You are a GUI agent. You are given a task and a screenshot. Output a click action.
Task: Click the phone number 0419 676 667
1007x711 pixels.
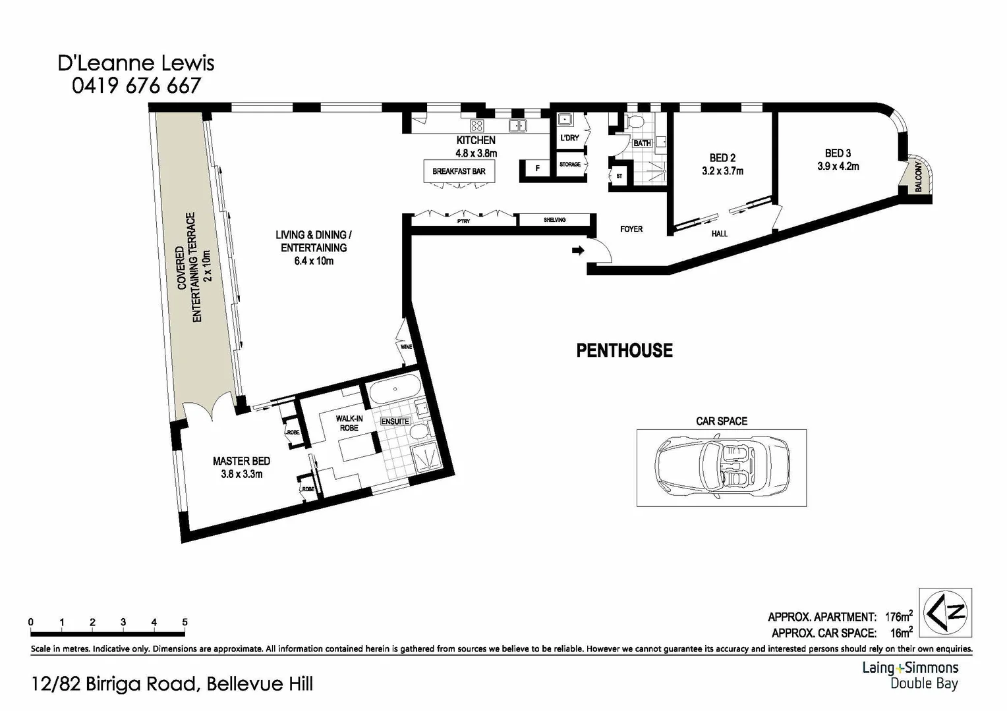click(136, 86)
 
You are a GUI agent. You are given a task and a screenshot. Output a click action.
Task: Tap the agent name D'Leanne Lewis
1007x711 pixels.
click(136, 63)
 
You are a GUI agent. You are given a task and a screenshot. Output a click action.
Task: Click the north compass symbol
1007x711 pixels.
click(946, 612)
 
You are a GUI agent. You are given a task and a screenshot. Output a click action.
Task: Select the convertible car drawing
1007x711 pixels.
click(722, 467)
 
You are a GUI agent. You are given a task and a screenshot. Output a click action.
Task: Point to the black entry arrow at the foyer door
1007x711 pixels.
click(578, 250)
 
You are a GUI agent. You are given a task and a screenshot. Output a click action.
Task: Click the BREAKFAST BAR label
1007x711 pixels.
click(459, 172)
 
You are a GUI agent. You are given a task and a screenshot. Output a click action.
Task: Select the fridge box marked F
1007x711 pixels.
click(537, 169)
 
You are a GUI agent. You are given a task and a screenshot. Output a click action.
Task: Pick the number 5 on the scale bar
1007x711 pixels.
click(185, 622)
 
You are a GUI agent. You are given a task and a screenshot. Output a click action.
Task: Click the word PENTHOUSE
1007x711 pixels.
click(624, 350)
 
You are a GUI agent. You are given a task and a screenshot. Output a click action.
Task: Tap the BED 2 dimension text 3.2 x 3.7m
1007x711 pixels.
click(722, 171)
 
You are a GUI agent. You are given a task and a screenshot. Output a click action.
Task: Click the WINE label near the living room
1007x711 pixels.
click(406, 346)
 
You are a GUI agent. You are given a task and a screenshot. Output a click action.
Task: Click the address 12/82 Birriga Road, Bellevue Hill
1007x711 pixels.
click(172, 684)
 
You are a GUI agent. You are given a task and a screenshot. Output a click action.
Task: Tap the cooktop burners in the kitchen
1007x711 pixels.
click(476, 125)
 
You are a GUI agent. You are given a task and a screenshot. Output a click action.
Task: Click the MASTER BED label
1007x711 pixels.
click(241, 461)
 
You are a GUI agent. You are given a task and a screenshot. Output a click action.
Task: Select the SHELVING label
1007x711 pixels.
click(554, 220)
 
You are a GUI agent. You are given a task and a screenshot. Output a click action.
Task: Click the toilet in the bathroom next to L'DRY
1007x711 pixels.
click(635, 123)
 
